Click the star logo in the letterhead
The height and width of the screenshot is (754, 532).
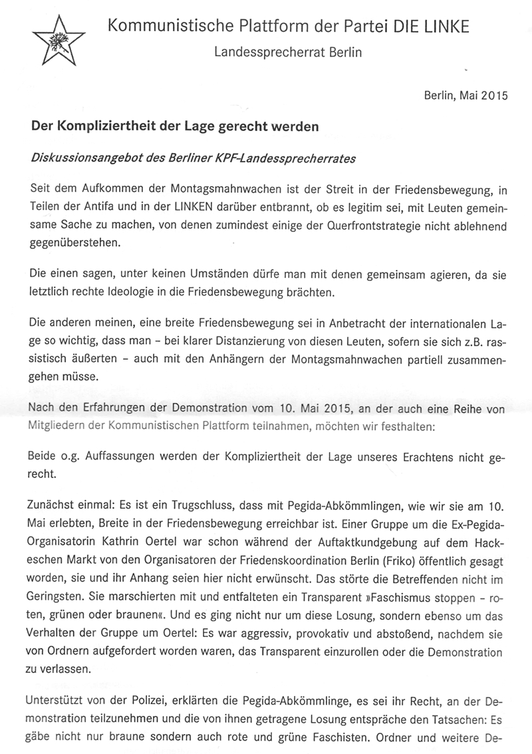point(58,40)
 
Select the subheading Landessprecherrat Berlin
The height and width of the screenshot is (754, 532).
point(288,53)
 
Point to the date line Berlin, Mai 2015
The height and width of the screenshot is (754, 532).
point(465,95)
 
